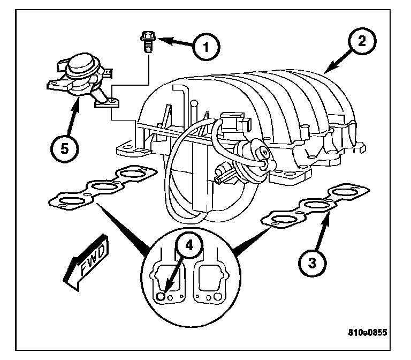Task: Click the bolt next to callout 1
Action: click(x=146, y=41)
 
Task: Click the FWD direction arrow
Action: click(x=86, y=260)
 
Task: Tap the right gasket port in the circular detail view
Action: click(x=209, y=279)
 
